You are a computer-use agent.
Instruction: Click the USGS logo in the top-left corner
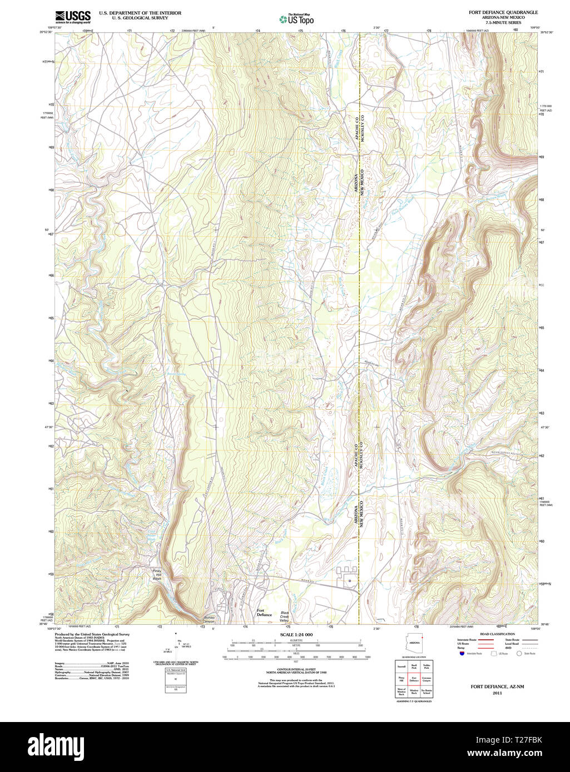(x=73, y=17)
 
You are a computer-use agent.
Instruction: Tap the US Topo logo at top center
(x=296, y=19)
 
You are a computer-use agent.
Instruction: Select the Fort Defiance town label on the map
(x=264, y=613)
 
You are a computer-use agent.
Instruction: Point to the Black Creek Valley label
(x=285, y=616)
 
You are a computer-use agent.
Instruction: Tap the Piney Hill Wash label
(x=157, y=574)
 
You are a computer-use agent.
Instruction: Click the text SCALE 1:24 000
(x=296, y=635)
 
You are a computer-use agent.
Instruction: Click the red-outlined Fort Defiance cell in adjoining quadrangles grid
(x=414, y=679)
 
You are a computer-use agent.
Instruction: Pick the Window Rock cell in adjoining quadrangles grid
(x=414, y=691)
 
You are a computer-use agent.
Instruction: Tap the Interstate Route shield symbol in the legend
(x=461, y=654)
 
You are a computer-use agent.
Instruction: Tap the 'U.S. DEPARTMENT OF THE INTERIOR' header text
(x=140, y=12)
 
